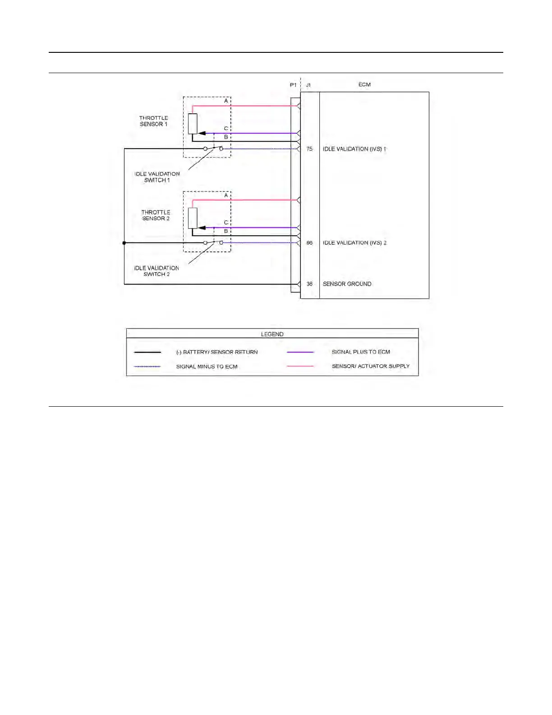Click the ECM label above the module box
364,84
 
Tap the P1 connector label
293,85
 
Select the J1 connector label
308,85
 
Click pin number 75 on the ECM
309,149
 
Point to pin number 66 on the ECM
309,243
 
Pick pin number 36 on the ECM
309,284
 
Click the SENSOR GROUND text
347,284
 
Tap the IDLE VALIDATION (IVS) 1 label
354,149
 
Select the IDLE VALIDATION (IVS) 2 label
354,243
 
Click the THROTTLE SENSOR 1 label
153,121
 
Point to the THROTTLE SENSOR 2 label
156,215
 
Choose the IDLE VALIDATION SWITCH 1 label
157,177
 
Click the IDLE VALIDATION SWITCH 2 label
156,271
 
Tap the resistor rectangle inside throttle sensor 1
193,124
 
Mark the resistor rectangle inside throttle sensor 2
193,218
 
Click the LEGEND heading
272,334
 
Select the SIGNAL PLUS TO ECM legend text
361,352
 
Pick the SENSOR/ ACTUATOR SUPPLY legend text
371,366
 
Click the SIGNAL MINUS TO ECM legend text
207,367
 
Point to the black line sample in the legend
147,352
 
